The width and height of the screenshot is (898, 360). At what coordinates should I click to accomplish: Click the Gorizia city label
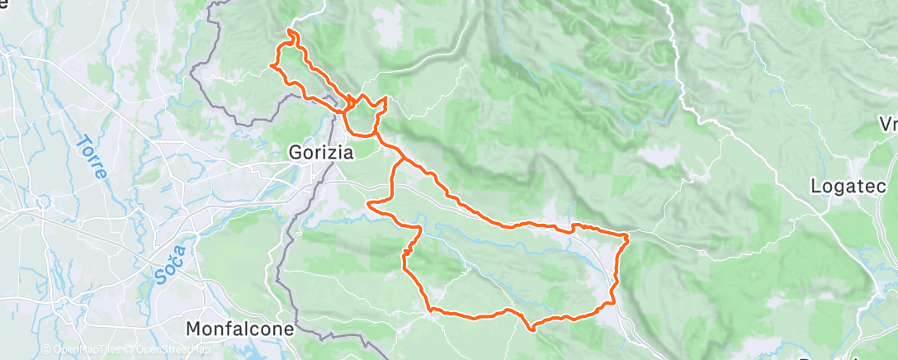(321, 153)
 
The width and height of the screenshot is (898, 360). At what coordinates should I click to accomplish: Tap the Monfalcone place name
(240, 329)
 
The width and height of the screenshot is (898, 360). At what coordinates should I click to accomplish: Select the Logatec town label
(847, 185)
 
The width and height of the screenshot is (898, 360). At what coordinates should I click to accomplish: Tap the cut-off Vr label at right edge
(889, 124)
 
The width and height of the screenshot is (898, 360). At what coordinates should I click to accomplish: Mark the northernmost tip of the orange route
(290, 31)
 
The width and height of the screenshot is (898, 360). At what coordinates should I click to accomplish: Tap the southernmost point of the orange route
(533, 329)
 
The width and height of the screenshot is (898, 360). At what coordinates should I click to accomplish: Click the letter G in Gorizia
(295, 153)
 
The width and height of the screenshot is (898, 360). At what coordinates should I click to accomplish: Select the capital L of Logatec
(816, 185)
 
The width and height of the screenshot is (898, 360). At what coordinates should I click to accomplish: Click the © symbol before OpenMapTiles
(46, 349)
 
